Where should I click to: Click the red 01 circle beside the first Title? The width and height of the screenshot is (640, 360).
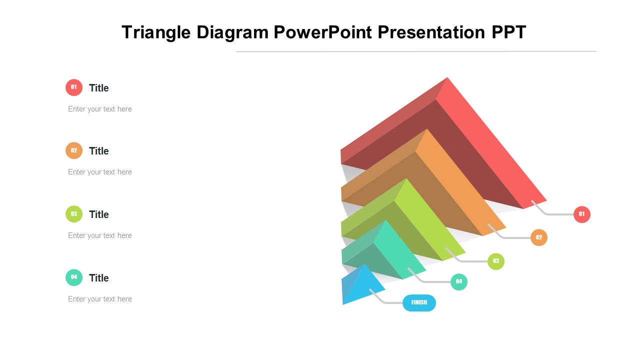74,87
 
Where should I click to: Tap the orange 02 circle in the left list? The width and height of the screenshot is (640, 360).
74,150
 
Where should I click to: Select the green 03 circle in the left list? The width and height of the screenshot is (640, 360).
74,214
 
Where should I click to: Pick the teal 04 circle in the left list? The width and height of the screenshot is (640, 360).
74,277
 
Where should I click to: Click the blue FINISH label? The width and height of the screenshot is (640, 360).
419,303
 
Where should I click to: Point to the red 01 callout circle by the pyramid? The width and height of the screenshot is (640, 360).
581,214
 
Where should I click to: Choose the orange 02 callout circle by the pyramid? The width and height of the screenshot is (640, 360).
539,237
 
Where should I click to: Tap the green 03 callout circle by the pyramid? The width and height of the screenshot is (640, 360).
495,261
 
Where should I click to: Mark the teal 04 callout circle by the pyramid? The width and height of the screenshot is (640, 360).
459,282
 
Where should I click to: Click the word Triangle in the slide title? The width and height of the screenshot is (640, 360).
156,32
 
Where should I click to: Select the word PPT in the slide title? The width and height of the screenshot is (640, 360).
509,32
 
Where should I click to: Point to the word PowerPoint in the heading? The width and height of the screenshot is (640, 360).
323,32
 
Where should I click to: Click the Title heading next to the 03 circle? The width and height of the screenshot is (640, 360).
99,214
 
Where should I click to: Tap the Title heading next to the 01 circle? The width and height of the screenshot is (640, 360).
99,88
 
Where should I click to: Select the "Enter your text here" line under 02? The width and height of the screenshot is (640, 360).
100,172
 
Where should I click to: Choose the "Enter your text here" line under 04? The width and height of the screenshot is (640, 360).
100,299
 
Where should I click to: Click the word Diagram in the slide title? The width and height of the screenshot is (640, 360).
232,32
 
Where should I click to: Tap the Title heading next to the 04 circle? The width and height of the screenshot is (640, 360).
99,277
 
